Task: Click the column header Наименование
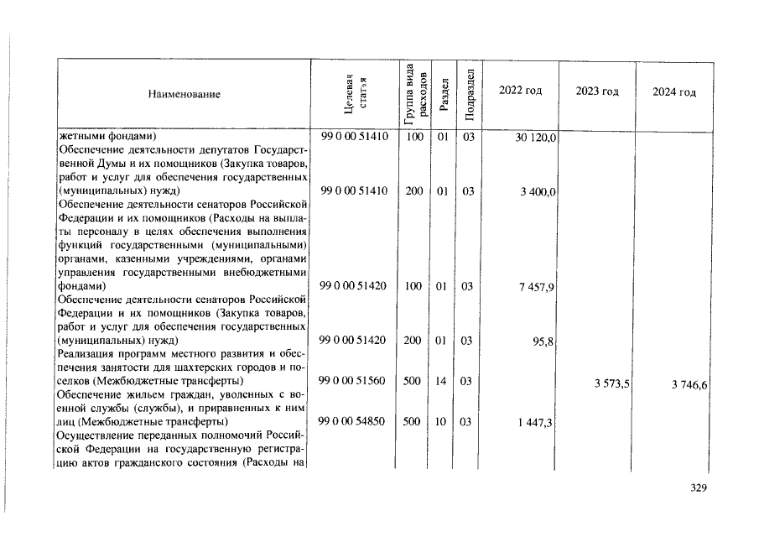(184, 94)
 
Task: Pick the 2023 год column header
(597, 91)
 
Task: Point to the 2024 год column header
(674, 91)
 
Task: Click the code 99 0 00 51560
(353, 381)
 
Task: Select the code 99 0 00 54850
(353, 421)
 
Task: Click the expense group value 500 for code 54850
(411, 421)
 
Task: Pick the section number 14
(440, 381)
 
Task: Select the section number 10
(440, 421)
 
